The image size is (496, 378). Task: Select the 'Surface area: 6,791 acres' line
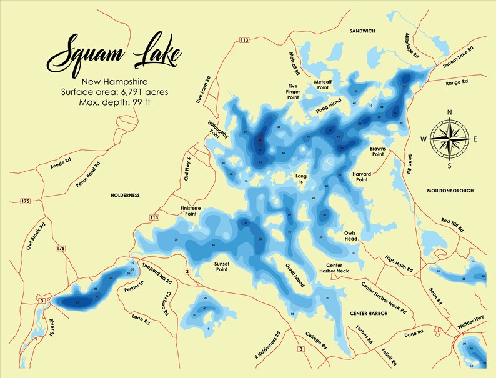tap(115, 92)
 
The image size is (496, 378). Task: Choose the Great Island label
tap(295, 276)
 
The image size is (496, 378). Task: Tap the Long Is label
tap(302, 179)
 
